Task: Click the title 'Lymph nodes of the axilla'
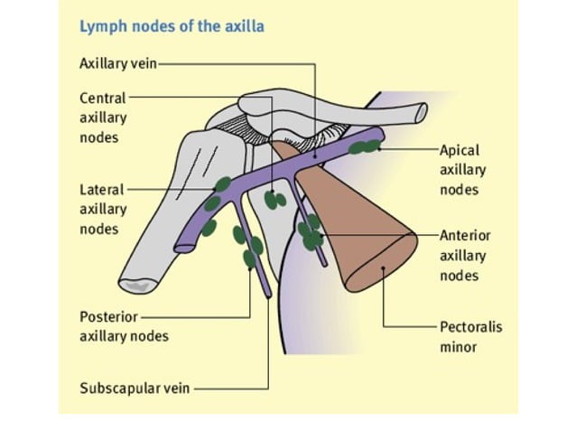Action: [172, 26]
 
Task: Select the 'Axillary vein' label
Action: [118, 64]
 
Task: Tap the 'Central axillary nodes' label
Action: [103, 117]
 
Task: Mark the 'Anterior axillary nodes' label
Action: [462, 255]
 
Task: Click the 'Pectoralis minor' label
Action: [469, 336]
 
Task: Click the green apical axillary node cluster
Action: [366, 146]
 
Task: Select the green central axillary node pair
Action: [274, 200]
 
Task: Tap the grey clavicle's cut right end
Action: [418, 113]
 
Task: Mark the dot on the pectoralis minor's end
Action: [384, 268]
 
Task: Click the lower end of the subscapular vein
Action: [268, 294]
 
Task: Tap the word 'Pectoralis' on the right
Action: [469, 326]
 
